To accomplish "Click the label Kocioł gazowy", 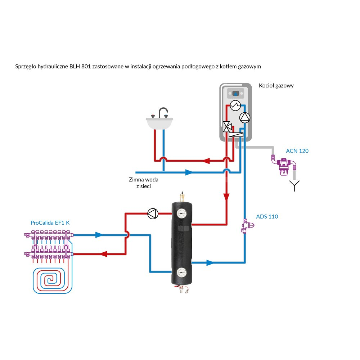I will [276, 86].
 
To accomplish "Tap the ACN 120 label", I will [297, 151].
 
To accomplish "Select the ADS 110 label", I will [267, 217].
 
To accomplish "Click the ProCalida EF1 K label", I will [50, 223].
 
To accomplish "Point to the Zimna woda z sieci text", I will [143, 183].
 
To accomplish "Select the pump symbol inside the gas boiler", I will [244, 117].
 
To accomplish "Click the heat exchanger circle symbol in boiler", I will [235, 105].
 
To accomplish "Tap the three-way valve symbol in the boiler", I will [228, 126].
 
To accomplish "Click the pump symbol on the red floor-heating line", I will [153, 213].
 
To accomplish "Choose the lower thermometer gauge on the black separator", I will [181, 273].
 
